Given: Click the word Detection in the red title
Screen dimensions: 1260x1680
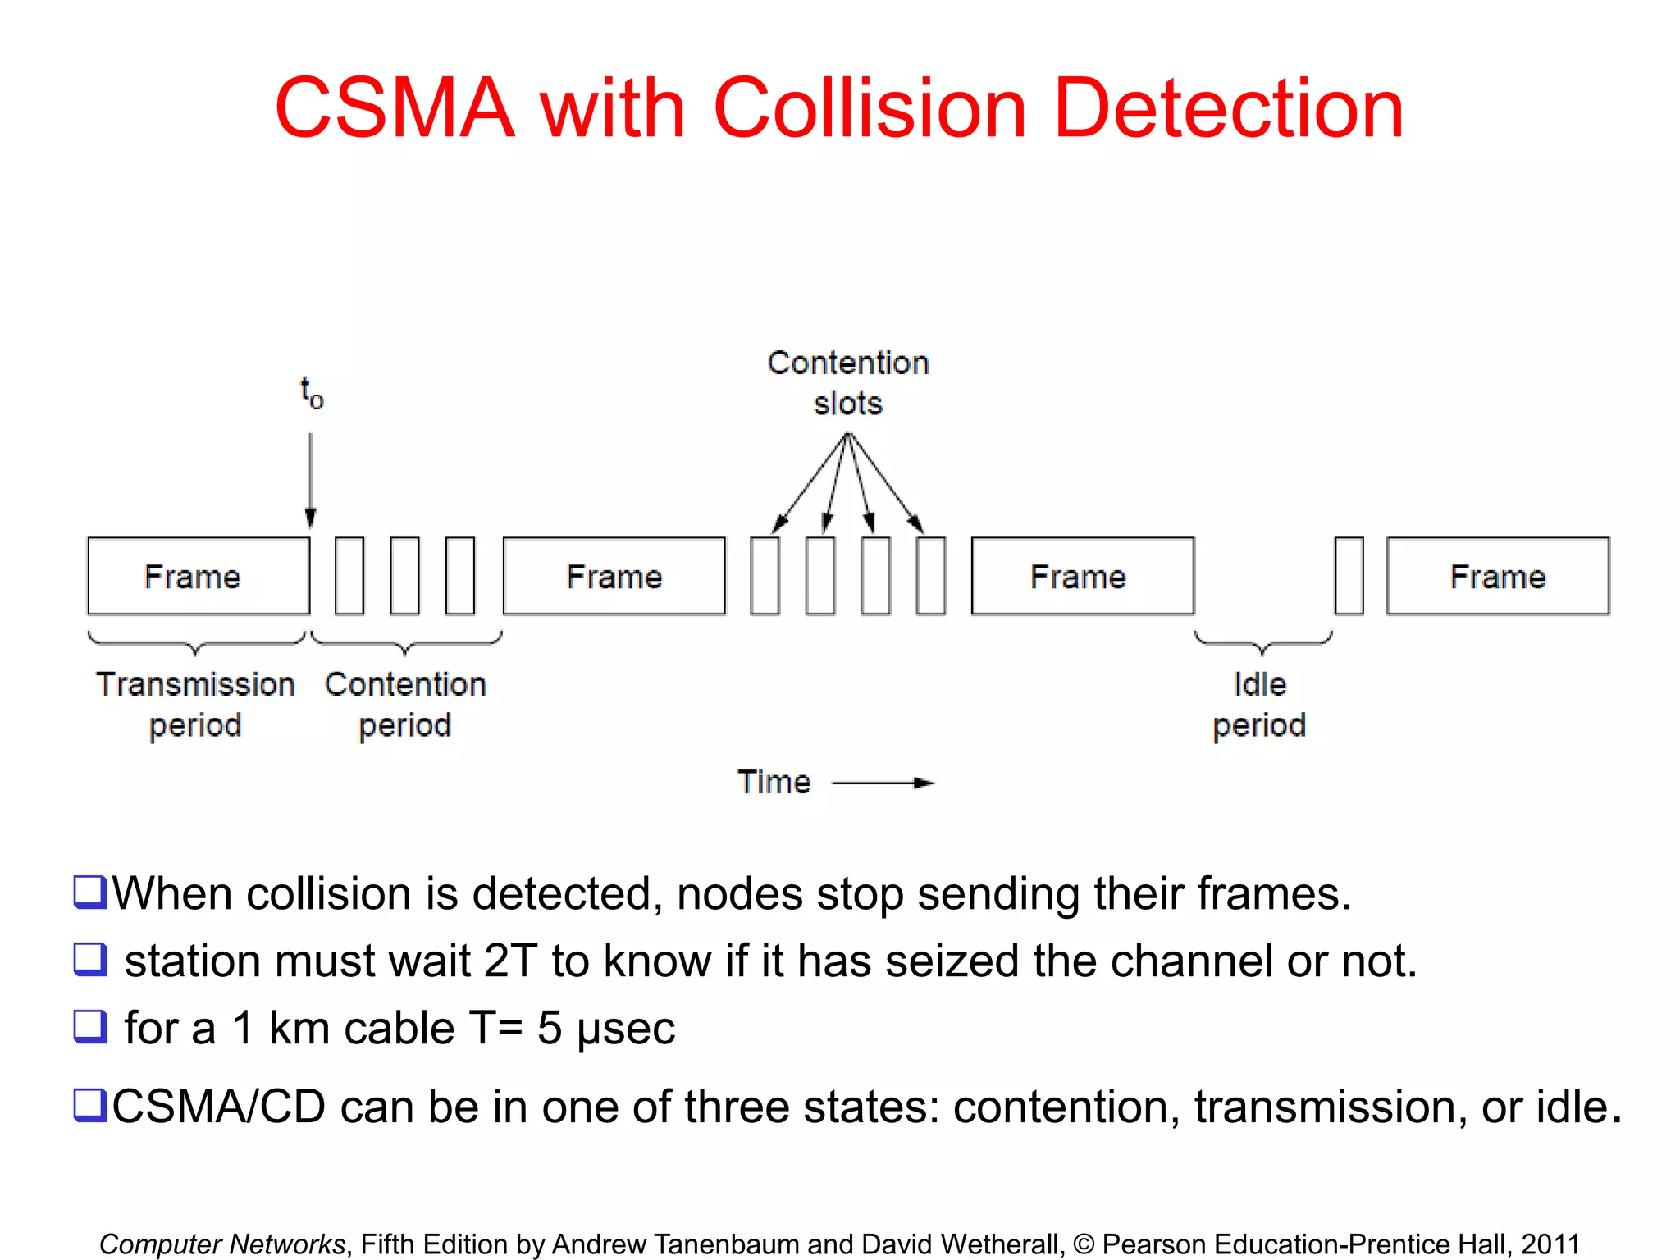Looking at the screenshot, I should point(1228,108).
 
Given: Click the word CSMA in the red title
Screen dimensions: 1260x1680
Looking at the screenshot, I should point(395,108).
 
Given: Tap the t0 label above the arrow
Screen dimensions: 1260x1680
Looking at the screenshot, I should point(312,393).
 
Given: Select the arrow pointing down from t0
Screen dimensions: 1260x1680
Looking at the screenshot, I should point(311,480).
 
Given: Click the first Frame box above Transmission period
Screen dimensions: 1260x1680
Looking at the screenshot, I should point(199,576).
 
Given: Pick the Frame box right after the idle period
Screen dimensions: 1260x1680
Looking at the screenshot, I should point(1497,576).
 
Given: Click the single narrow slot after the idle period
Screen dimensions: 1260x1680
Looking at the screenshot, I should point(1349,576).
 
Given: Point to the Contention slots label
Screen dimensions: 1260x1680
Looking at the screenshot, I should point(848,383).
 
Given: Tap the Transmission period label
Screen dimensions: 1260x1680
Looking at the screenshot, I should point(195,704).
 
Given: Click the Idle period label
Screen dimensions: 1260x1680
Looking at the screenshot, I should point(1259,704).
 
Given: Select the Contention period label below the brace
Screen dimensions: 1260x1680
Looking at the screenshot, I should point(405,704).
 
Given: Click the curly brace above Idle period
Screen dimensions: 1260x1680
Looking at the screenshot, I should point(1263,641).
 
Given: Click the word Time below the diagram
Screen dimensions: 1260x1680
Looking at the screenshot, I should point(774,783).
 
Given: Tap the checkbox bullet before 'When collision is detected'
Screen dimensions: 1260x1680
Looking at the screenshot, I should point(89,892).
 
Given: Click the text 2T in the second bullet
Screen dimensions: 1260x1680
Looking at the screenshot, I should point(510,961).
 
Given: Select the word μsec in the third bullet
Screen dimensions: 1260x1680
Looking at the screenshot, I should point(625,1029).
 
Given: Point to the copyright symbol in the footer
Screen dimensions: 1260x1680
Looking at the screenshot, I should point(1084,1244).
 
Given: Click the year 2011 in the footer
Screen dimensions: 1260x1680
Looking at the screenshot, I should point(1550,1244).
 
